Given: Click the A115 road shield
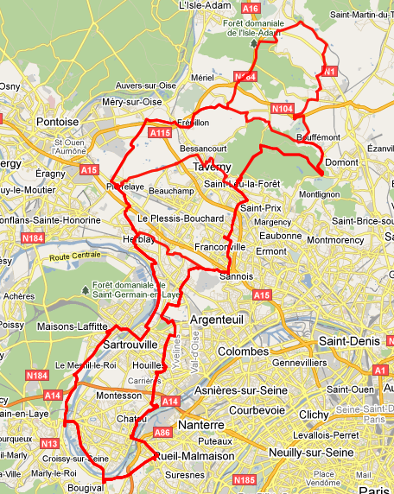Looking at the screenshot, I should [x=160, y=133].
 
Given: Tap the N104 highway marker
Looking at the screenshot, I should [x=282, y=109].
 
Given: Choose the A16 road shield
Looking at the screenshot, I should [x=251, y=8].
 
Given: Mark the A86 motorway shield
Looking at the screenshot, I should [x=162, y=432].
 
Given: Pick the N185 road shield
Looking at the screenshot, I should [x=245, y=479].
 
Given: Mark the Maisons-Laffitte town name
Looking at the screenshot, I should [x=73, y=326].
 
